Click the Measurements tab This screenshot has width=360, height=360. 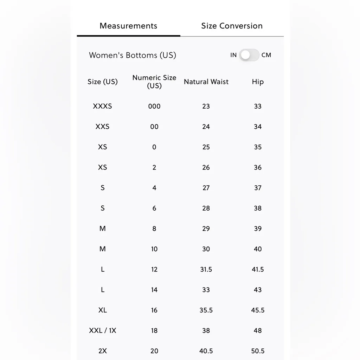(128, 26)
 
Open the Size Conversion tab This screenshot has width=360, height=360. (232, 26)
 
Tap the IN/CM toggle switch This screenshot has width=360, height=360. (249, 55)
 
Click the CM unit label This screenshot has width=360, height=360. (266, 55)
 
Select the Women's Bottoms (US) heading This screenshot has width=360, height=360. (133, 55)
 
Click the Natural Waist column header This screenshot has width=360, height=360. (206, 82)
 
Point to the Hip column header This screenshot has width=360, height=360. (258, 82)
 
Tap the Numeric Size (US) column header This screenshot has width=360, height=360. (154, 82)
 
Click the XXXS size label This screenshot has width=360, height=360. (102, 106)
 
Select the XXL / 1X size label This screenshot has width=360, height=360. (102, 330)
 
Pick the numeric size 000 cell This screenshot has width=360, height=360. (154, 106)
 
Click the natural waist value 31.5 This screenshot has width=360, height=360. (206, 269)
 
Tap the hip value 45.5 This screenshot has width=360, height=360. (258, 310)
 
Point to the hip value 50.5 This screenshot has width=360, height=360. (258, 351)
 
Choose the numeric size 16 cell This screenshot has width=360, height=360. (154, 310)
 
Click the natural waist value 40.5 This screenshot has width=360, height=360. (206, 351)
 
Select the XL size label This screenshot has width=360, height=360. (102, 310)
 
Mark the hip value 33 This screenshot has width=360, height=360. (258, 106)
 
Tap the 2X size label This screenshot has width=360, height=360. (102, 351)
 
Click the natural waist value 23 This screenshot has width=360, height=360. (206, 106)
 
